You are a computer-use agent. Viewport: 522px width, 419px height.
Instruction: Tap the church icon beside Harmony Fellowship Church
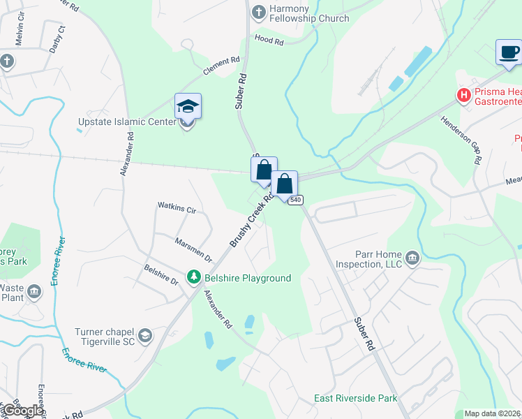point(259,12)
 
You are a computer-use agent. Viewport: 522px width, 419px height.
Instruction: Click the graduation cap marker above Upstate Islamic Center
point(188,107)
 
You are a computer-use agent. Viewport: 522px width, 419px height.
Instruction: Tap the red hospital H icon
point(463,94)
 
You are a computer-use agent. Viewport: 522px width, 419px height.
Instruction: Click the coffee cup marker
point(509,52)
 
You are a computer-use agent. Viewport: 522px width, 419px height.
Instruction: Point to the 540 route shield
point(295,200)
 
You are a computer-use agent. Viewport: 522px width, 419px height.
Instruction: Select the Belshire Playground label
point(247,278)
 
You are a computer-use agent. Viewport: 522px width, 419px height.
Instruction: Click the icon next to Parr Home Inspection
point(412,259)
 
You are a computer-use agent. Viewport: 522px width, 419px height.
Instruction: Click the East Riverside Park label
point(355,398)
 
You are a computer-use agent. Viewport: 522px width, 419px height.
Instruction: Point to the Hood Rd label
point(269,41)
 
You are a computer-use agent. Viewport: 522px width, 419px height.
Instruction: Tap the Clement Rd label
point(221,66)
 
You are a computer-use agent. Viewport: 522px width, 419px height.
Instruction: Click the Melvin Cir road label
point(20,34)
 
